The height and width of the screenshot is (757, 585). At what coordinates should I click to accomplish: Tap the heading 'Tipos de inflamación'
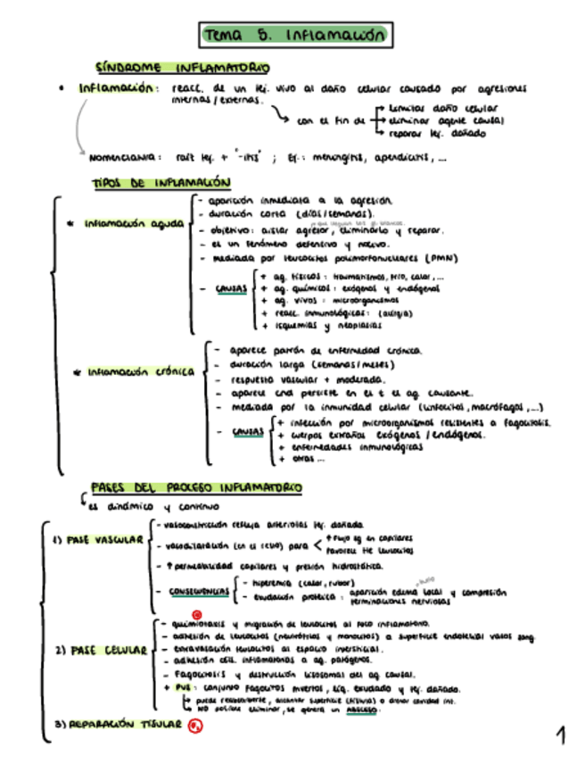click(x=161, y=182)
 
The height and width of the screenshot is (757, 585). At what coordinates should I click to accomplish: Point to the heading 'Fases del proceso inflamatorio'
click(x=196, y=487)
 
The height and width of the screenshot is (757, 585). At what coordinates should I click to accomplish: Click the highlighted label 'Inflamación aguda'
click(x=135, y=223)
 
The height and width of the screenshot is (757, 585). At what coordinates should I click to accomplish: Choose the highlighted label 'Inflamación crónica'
click(x=139, y=372)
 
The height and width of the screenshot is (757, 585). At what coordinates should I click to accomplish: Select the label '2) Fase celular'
click(x=100, y=650)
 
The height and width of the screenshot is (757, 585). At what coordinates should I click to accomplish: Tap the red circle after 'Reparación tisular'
click(x=196, y=726)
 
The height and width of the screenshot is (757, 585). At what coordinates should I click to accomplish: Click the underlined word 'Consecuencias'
click(x=197, y=591)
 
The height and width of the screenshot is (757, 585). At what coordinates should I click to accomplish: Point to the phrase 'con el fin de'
click(x=330, y=119)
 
